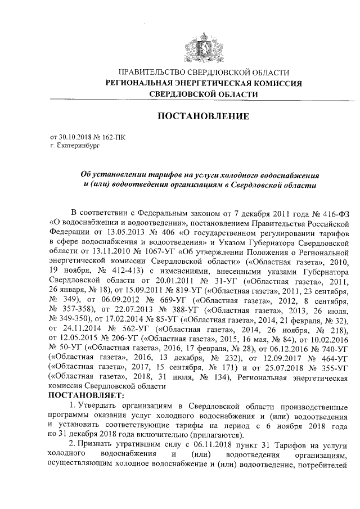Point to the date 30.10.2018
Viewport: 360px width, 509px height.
coord(76,136)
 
